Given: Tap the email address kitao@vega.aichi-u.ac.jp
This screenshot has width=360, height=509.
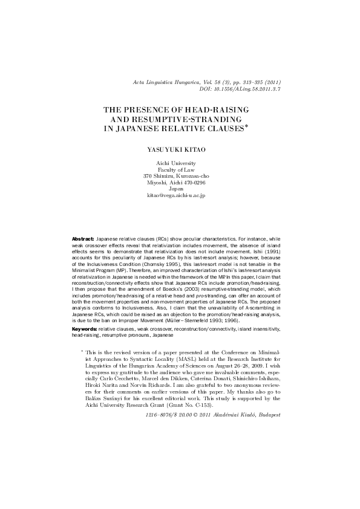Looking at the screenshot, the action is point(180,197).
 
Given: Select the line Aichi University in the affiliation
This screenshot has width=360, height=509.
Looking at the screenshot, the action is point(180,163).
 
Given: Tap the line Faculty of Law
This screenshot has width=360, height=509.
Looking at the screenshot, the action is point(180,172).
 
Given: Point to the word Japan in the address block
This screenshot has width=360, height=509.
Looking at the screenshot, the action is point(180,189).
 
